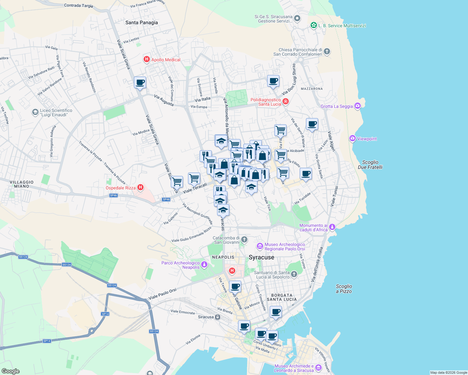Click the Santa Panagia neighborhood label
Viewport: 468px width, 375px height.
(x=141, y=22)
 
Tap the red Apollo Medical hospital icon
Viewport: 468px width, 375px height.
(x=146, y=59)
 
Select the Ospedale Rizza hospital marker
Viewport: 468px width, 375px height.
(x=140, y=187)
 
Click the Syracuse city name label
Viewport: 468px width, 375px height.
(x=261, y=257)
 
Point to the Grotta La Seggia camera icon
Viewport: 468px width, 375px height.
(x=357, y=106)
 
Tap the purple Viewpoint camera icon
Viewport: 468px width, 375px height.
(x=353, y=138)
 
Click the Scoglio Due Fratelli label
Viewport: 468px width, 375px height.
(x=370, y=165)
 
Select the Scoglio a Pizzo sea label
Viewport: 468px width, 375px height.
(x=344, y=289)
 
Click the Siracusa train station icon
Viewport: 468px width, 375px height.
(x=218, y=317)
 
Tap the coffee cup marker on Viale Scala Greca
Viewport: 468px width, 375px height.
(x=140, y=82)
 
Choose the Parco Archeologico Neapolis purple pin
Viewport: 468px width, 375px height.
(x=204, y=265)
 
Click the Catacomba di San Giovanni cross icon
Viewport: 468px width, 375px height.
(x=244, y=240)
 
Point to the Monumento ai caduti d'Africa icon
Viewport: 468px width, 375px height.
(x=332, y=227)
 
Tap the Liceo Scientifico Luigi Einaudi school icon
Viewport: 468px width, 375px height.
(x=35, y=112)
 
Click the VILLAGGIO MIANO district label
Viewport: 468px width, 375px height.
(x=22, y=184)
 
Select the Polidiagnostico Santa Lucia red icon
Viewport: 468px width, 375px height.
(x=285, y=101)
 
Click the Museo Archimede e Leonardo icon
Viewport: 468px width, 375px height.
(x=318, y=367)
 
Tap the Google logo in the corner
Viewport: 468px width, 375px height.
(x=11, y=371)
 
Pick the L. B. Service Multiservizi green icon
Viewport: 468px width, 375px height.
(x=313, y=25)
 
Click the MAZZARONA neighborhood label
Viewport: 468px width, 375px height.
(x=312, y=89)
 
